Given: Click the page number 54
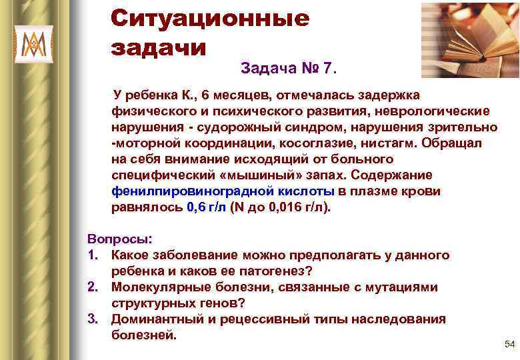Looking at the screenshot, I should (x=510, y=344).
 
